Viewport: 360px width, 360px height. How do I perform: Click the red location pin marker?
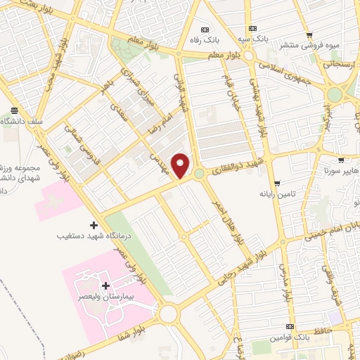(x=181, y=165)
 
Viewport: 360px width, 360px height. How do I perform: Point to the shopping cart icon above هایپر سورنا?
(x=341, y=160)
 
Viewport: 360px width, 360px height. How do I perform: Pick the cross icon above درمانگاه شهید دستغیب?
(x=94, y=225)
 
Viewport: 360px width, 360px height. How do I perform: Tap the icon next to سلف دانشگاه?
(x=13, y=110)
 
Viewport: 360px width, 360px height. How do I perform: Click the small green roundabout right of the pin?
(x=199, y=173)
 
